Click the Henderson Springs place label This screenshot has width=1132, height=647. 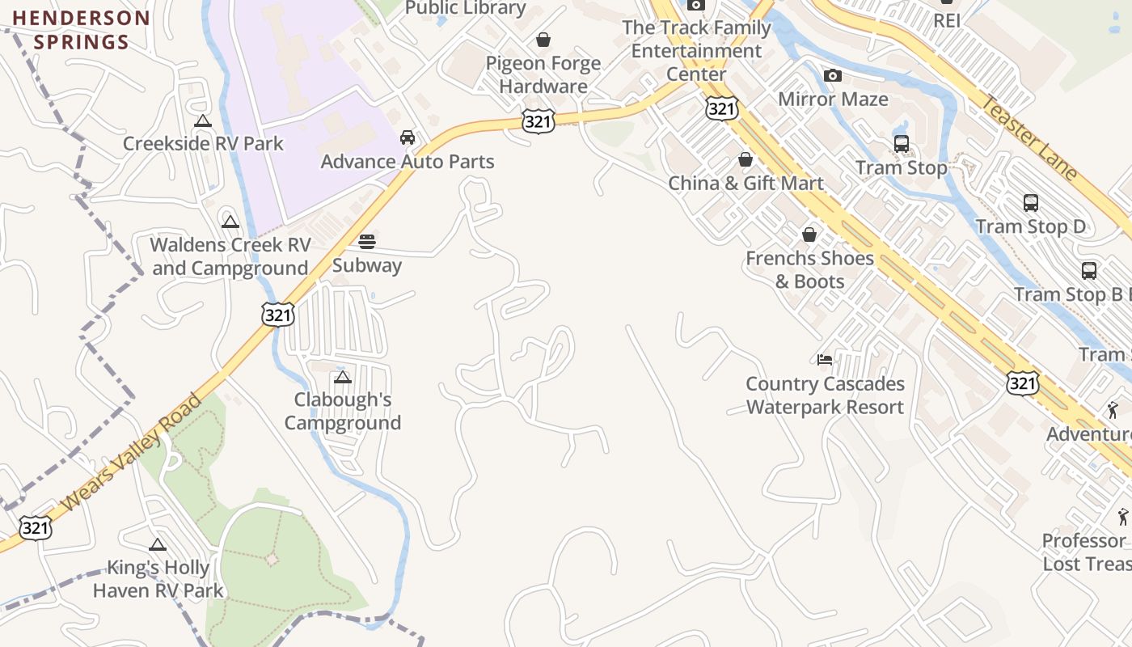point(81,30)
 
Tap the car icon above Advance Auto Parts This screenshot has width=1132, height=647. point(408,137)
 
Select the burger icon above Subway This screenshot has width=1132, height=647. point(367,241)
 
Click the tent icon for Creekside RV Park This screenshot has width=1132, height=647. point(203,121)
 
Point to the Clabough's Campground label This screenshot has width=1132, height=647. point(343,411)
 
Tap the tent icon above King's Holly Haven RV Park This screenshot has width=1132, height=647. point(158,545)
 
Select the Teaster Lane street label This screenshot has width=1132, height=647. point(1029,137)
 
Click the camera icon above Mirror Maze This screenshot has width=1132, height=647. point(833,76)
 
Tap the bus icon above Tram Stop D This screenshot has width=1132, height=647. point(1031,203)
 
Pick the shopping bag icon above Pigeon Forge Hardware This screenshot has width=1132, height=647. point(543,40)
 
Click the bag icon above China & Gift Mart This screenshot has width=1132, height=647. point(746,160)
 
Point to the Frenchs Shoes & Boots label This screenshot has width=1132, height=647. point(809,269)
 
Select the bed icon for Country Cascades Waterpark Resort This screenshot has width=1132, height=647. point(825,360)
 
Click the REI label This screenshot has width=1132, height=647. point(947,20)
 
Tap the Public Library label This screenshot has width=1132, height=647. point(466,8)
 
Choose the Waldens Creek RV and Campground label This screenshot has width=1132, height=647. point(230,256)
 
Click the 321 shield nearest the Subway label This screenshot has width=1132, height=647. point(277,315)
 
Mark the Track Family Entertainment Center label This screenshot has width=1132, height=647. point(696,51)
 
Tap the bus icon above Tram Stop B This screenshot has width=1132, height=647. point(1089,271)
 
